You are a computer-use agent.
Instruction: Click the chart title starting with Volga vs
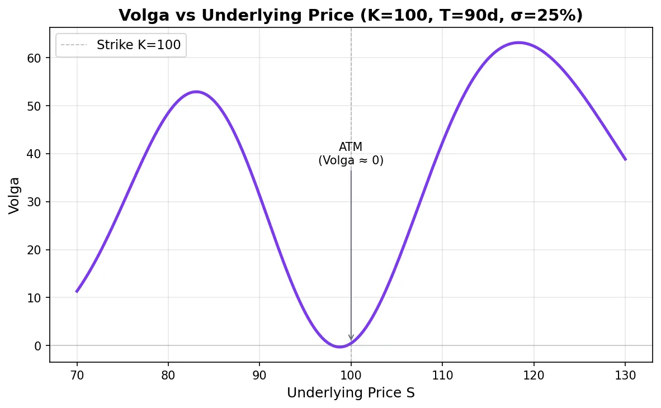[x=351, y=15]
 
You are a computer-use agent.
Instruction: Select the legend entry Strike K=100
[x=138, y=45]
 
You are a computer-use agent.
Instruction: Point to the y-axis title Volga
[x=15, y=195]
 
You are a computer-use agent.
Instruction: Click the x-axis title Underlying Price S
[x=351, y=393]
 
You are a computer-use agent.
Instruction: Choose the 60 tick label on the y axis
[x=37, y=58]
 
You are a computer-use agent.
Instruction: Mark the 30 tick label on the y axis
[x=37, y=202]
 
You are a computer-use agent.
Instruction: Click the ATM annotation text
[x=351, y=154]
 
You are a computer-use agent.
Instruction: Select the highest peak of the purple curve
[x=519, y=42]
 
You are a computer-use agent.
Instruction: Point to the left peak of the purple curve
[x=196, y=92]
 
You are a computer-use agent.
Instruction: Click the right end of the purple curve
[x=625, y=159]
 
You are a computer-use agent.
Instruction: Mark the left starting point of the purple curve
[x=77, y=291]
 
